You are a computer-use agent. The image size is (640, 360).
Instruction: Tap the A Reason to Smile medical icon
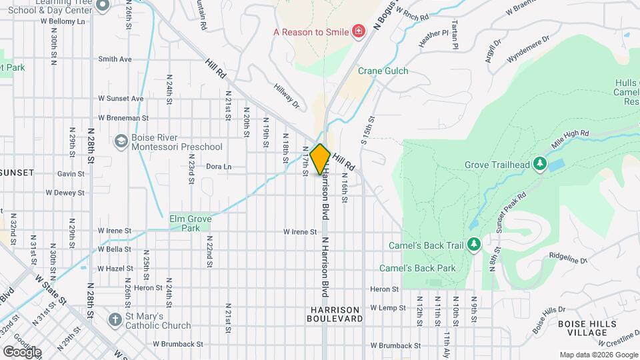(359, 31)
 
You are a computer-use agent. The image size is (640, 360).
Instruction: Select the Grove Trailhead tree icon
(539, 165)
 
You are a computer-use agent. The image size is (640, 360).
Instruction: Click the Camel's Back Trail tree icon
(474, 245)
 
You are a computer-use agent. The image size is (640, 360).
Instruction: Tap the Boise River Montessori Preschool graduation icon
(121, 141)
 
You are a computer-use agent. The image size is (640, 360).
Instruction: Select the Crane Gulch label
(383, 71)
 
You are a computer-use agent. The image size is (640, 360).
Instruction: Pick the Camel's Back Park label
(417, 268)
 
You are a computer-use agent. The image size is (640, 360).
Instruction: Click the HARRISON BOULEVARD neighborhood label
(335, 314)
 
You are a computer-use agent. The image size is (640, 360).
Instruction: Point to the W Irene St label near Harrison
(299, 232)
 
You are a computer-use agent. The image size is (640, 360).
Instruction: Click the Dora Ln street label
(219, 167)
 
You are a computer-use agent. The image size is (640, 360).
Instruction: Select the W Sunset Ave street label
(121, 99)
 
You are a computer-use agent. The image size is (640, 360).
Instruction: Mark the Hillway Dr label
(287, 95)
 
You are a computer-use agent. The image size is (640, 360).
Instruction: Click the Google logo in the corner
(22, 351)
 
